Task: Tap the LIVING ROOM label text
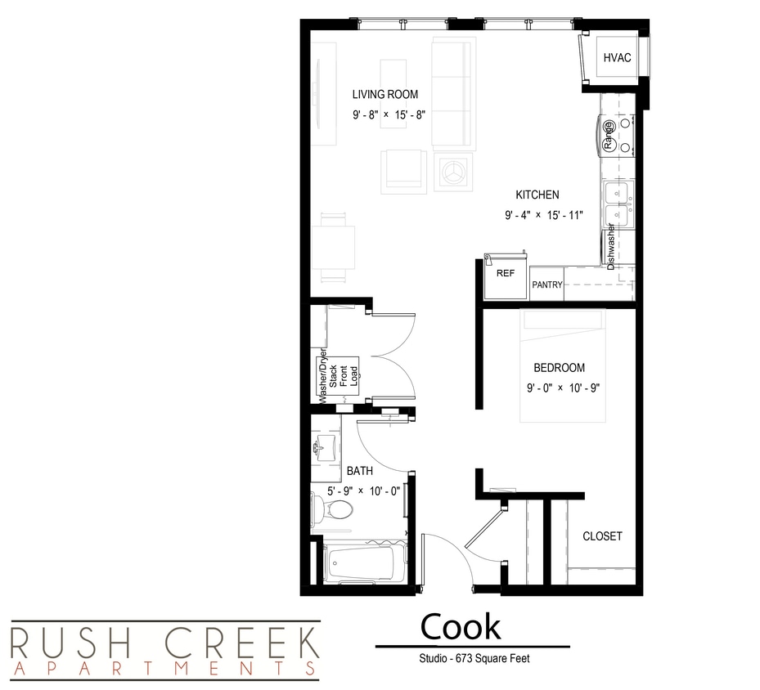(x=385, y=95)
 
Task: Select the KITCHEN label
(x=537, y=195)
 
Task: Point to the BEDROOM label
(x=560, y=368)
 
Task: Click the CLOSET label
(x=602, y=536)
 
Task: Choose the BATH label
(x=360, y=471)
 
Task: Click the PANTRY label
(x=546, y=285)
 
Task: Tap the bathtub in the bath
(x=364, y=563)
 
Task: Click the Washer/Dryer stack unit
(x=338, y=377)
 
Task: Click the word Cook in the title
(x=461, y=627)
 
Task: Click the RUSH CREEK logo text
(x=164, y=643)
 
